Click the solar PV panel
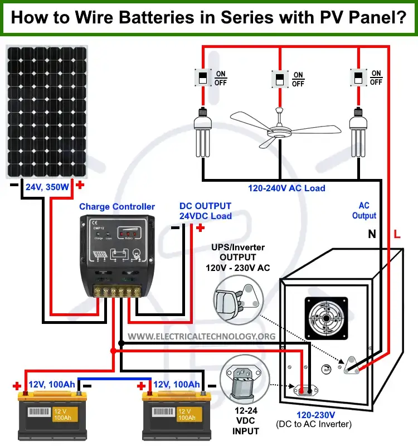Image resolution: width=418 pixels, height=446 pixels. coord(46,111)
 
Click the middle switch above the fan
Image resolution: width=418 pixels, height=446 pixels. coord(279,79)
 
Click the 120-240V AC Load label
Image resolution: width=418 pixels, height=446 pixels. coord(287,188)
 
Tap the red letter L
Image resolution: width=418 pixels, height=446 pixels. coord(397,235)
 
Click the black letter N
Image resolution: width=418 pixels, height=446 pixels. coord(372,235)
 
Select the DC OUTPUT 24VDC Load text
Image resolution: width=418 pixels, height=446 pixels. coord(205,211)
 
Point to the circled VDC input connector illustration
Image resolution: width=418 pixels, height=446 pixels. coord(244,385)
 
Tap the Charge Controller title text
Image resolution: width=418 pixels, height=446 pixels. coord(117,207)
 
